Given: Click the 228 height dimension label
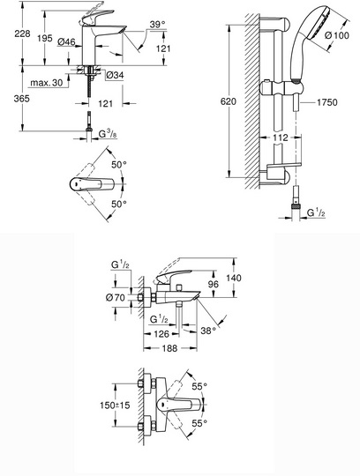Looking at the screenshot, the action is pyautogui.click(x=22, y=33).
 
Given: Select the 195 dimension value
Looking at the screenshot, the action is pyautogui.click(x=45, y=39).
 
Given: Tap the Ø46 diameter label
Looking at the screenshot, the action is pyautogui.click(x=66, y=41).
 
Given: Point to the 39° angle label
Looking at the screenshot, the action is pyautogui.click(x=157, y=25).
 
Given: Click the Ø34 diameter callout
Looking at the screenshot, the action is pyautogui.click(x=115, y=75).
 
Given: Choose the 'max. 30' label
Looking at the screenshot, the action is pyautogui.click(x=46, y=83).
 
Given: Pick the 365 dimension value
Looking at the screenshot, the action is pyautogui.click(x=21, y=99).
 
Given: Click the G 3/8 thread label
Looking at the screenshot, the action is pyautogui.click(x=109, y=134).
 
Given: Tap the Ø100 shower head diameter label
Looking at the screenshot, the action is pyautogui.click(x=337, y=35).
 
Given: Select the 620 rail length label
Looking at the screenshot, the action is pyautogui.click(x=228, y=101).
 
